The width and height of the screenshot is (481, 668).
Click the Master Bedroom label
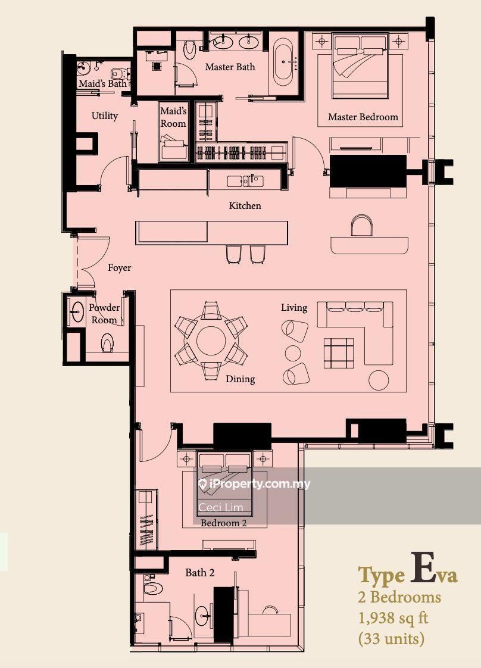coord(363,117)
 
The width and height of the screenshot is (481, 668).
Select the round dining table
coord(211,341)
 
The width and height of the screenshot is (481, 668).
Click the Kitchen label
coord(245,205)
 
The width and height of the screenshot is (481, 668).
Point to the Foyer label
coord(119,268)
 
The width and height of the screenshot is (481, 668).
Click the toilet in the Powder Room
coord(107,344)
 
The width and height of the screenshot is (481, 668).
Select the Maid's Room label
coord(173,117)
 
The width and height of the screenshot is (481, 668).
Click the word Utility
coord(104,116)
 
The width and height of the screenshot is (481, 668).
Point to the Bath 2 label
coord(199,573)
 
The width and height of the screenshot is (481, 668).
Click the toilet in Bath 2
coord(152,588)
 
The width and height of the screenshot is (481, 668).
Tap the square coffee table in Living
coord(338,352)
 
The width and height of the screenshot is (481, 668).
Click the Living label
coord(294,307)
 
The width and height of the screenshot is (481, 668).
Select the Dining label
coord(240,379)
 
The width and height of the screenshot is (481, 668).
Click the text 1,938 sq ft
coord(392,618)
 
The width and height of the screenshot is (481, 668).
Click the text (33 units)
coord(391,639)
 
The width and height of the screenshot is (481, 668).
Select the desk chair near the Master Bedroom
coord(361,226)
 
